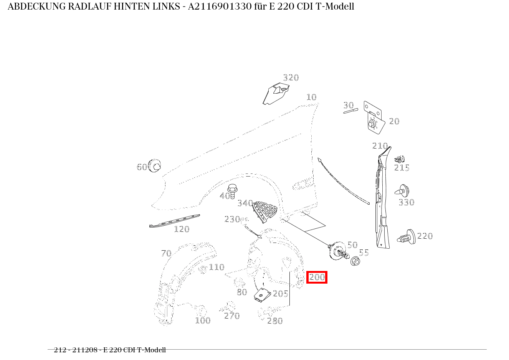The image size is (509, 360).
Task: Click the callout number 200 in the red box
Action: click(x=317, y=277)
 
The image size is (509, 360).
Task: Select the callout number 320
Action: click(x=291, y=78)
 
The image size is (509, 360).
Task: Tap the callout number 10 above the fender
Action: click(x=311, y=97)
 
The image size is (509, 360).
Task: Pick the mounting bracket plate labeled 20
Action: click(x=373, y=117)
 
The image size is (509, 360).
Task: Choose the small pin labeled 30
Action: click(x=350, y=111)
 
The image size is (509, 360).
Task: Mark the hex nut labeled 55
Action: click(x=355, y=261)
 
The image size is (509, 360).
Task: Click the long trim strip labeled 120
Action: click(x=175, y=221)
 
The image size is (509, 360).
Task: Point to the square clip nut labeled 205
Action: click(x=262, y=295)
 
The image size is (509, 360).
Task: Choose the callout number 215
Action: click(x=402, y=168)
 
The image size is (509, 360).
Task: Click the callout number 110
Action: click(x=216, y=267)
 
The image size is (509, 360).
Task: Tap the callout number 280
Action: click(x=275, y=321)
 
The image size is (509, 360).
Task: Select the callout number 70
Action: click(x=166, y=253)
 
